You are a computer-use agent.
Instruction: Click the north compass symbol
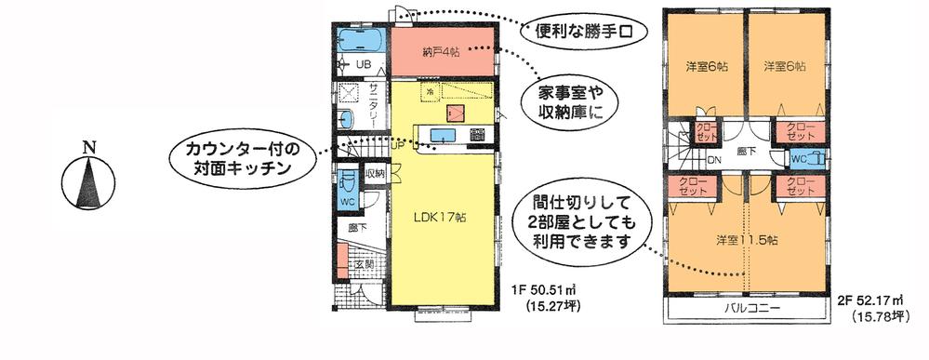(x=89, y=180)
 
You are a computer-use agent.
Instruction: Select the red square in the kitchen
(x=455, y=113)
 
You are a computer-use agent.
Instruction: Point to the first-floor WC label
(x=346, y=202)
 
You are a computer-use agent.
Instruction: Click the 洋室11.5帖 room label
(x=747, y=240)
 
